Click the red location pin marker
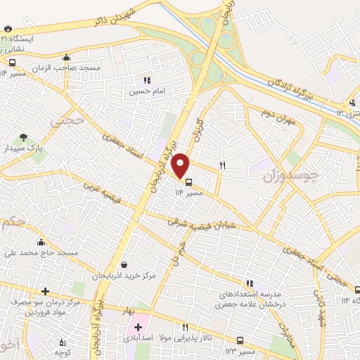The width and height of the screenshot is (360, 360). tap(181, 165)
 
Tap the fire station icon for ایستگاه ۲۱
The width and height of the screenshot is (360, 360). tap(8, 28)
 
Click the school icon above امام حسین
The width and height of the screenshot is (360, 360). tap(147, 81)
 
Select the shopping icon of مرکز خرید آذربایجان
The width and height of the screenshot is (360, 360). tap(124, 264)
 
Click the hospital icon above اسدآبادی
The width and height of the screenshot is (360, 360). tap(138, 326)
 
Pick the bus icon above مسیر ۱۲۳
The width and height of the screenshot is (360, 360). tap(241, 340)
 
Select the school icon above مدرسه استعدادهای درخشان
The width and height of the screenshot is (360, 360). tap(250, 283)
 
